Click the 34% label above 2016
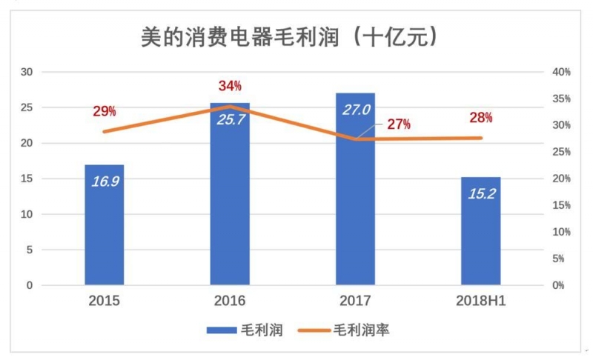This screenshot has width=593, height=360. point(230,86)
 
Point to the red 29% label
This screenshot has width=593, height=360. point(105,112)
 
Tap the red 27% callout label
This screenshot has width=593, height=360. point(398,124)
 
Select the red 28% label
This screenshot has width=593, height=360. point(480,118)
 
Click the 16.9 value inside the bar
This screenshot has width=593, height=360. point(105,181)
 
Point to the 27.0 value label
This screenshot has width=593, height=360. point(356,110)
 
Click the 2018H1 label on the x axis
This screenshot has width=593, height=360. point(480,301)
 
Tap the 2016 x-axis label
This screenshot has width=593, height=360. point(230,301)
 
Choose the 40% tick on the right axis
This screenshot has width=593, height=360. point(561,72)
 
